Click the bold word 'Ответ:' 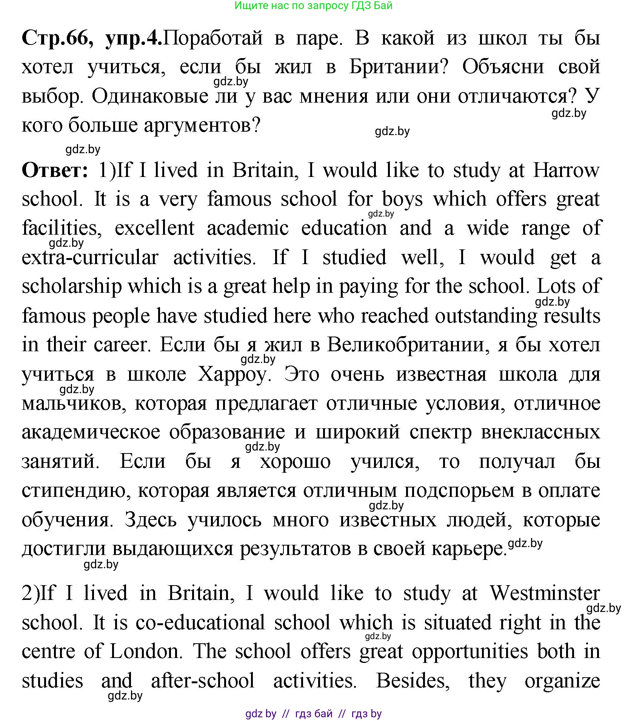[55, 170]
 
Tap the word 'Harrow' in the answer [566, 170]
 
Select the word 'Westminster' [545, 593]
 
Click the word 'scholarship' [72, 286]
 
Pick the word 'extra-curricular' [90, 257]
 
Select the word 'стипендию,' [75, 490]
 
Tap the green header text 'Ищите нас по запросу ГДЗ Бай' [313, 6]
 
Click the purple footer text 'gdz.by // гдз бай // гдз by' [313, 713]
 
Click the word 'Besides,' [413, 681]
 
